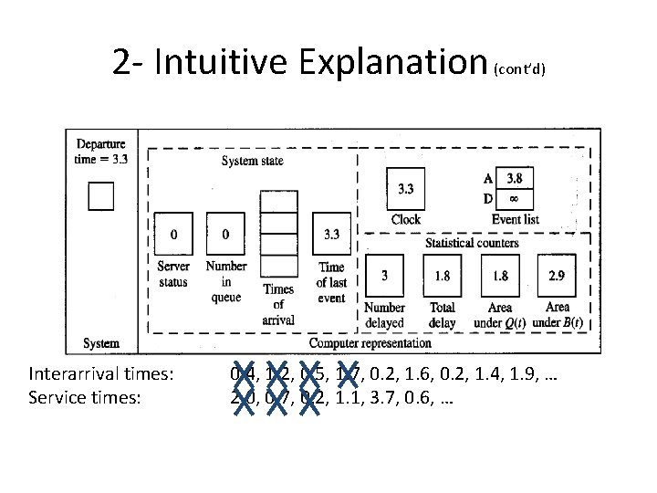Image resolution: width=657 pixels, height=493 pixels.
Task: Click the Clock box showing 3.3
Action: [405, 190]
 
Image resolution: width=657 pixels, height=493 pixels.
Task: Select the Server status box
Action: [173, 235]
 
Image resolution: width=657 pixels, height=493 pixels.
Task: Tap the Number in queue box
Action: [225, 235]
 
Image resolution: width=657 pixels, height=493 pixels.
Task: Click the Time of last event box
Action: [331, 235]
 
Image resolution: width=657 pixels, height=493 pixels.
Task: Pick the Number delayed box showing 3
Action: [384, 275]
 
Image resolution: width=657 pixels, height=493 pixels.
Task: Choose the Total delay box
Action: [442, 275]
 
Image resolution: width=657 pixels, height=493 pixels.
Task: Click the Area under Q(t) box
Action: [500, 275]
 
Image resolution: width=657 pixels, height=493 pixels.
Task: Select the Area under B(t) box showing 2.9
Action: [557, 275]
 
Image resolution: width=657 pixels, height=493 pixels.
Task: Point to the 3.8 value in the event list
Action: [515, 179]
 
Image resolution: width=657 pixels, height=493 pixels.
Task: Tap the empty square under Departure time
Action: [100, 196]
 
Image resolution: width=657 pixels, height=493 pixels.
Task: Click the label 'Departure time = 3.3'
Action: [101, 150]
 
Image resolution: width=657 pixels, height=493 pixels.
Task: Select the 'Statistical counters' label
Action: [472, 242]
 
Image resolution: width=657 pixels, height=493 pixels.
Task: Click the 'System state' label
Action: [252, 161]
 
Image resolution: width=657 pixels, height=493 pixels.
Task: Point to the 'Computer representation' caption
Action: [370, 343]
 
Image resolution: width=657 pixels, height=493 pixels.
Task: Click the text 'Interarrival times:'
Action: [101, 374]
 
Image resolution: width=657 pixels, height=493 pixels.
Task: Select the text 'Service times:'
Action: [84, 398]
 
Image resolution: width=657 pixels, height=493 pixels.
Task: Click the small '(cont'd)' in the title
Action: [519, 69]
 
